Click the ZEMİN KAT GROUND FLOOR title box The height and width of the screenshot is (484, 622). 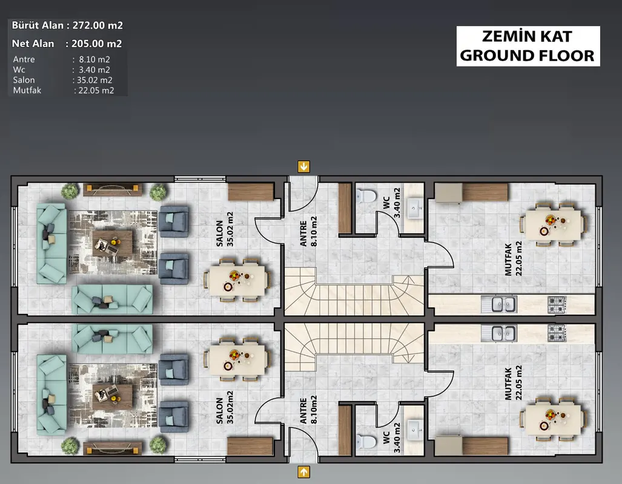tap(528, 46)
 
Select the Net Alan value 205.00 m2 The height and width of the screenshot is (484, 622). tap(96, 44)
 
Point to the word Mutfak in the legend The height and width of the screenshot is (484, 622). tap(27, 90)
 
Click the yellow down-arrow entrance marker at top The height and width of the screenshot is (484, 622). tap(304, 166)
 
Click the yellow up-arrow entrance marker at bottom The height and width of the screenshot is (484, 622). tap(304, 472)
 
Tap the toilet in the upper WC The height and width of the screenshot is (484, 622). tap(366, 195)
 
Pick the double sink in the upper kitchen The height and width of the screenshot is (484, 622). tap(498, 304)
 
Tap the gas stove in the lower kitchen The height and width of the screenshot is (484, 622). tap(557, 333)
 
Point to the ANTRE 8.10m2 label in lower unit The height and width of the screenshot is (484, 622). tap(308, 410)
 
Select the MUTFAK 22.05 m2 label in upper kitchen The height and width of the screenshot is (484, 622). tap(513, 258)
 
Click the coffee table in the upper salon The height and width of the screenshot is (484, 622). tap(113, 243)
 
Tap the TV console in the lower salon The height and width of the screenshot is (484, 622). tap(112, 448)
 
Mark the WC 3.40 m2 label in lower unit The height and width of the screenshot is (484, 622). tap(391, 438)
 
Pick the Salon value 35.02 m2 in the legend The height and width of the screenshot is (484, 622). tap(94, 80)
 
